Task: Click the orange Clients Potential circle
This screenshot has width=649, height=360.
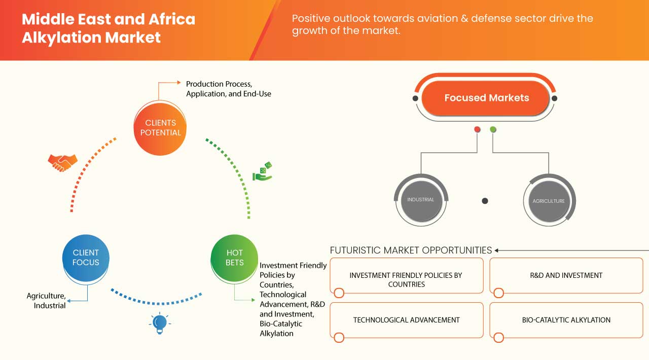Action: pos(160,128)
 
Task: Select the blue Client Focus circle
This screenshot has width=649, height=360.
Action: pos(86,258)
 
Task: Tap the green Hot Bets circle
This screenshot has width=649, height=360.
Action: pos(234,258)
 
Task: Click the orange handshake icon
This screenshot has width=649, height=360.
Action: pos(62,162)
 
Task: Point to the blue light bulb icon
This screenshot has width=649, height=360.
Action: pos(160,323)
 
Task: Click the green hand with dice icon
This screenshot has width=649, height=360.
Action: pos(263,171)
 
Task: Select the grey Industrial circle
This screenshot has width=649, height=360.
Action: pos(421,200)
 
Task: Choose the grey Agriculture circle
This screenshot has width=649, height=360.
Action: pos(549,201)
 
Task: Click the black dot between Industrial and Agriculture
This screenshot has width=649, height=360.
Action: pos(485,201)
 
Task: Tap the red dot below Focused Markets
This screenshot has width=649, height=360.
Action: pos(477,130)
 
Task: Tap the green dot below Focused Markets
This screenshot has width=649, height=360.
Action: pos(493,130)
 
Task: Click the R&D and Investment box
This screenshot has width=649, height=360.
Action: pos(566,275)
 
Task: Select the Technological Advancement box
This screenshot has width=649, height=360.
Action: pos(406,320)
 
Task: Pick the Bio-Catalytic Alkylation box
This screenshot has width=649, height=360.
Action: pos(566,320)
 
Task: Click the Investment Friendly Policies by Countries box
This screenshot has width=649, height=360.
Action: pos(406,279)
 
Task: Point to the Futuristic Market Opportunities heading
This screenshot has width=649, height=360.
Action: pos(411,250)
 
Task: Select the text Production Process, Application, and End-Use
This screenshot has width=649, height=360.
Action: pos(228,89)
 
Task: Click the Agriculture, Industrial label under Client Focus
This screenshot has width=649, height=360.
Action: pos(46,300)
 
